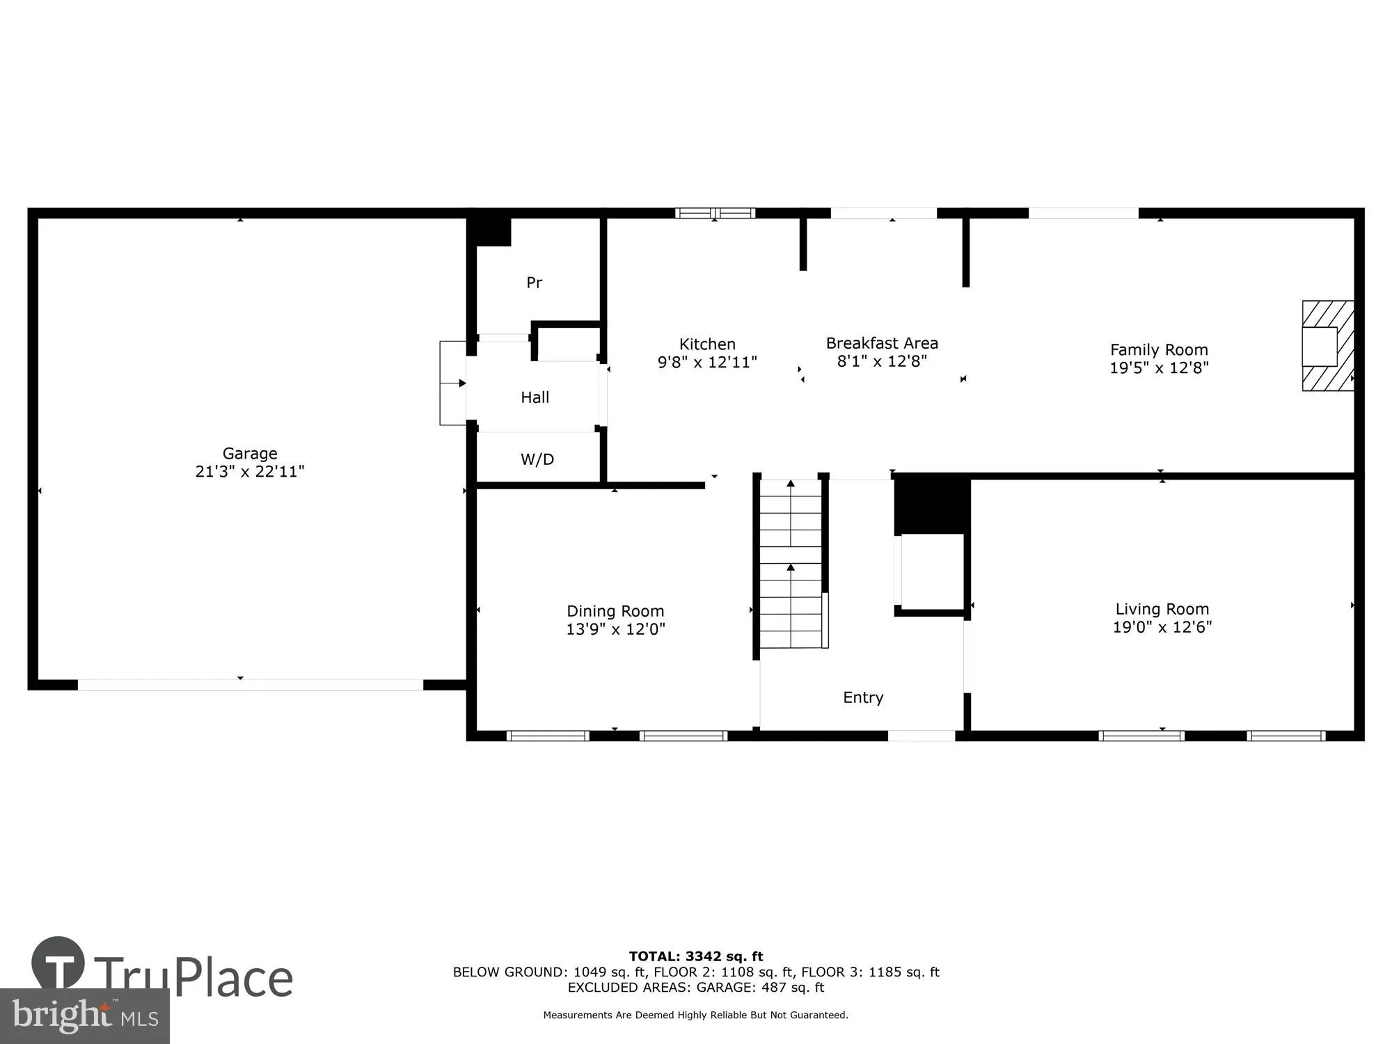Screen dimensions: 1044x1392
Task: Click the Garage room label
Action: [x=250, y=454]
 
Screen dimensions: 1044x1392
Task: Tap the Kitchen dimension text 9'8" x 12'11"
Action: [x=707, y=363]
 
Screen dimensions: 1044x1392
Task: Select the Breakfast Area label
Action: [x=882, y=343]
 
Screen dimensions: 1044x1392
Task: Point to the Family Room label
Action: [x=1159, y=350]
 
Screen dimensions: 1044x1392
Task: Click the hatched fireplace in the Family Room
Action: [x=1328, y=346]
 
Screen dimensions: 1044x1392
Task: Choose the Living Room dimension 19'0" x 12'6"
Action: [x=1162, y=627]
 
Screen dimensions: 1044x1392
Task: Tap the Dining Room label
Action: [x=615, y=611]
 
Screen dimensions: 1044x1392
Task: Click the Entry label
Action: [x=863, y=697]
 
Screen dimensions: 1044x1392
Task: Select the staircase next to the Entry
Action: [x=791, y=564]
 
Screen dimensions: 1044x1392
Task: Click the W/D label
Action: [x=537, y=459]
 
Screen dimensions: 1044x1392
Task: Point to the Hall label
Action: [x=535, y=397]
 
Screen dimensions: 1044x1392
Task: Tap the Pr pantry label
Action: [x=534, y=283]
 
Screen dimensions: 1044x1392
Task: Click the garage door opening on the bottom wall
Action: [x=250, y=685]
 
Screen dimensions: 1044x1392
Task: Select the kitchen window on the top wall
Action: [x=715, y=213]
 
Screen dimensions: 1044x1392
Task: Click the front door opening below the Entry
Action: [x=921, y=736]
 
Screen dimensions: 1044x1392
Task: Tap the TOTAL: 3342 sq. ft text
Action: [x=696, y=956]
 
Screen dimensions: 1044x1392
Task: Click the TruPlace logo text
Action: [x=193, y=978]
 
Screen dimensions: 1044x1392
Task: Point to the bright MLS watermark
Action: [x=85, y=1016]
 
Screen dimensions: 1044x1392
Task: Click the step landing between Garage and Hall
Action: [x=452, y=383]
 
